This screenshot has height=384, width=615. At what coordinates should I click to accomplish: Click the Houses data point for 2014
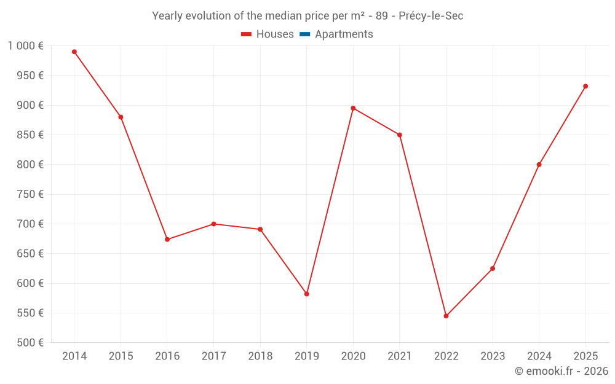pyautogui.click(x=74, y=52)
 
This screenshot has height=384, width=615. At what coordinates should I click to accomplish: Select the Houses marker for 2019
pyautogui.click(x=307, y=294)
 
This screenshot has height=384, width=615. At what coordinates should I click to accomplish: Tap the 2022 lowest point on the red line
pyautogui.click(x=446, y=316)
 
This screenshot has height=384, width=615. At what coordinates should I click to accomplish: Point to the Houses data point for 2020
pyautogui.click(x=353, y=108)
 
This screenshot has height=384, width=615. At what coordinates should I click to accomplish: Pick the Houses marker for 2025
pyautogui.click(x=585, y=86)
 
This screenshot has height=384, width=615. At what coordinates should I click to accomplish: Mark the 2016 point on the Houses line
pyautogui.click(x=167, y=239)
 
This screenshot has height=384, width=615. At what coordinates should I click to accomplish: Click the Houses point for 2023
pyautogui.click(x=493, y=268)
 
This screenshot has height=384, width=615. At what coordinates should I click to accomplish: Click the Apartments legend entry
pyautogui.click(x=344, y=34)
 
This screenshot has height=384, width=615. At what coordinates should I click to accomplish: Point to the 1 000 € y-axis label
pyautogui.click(x=26, y=46)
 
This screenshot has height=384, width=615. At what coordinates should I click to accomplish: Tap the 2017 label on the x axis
pyautogui.click(x=213, y=356)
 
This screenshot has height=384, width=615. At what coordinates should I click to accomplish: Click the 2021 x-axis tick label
pyautogui.click(x=400, y=356)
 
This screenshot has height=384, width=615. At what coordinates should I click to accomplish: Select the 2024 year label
pyautogui.click(x=539, y=356)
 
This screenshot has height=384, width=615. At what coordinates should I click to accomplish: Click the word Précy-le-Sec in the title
pyautogui.click(x=430, y=16)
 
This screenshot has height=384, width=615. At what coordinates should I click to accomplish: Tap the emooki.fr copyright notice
pyautogui.click(x=561, y=371)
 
